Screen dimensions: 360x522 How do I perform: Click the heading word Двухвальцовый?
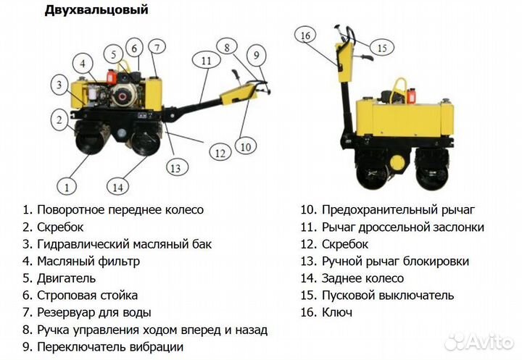click(96, 10)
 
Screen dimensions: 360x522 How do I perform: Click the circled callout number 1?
click(67, 187)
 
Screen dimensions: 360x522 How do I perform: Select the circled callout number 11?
click(206, 62)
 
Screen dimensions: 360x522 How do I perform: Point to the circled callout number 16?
click(304, 35)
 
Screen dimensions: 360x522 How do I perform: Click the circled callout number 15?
click(383, 48)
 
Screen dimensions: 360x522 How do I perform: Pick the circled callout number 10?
click(246, 146)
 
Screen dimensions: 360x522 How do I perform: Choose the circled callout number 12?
click(220, 152)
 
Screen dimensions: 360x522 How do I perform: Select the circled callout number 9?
click(255, 54)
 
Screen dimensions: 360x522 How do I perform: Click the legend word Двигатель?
click(66, 278)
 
